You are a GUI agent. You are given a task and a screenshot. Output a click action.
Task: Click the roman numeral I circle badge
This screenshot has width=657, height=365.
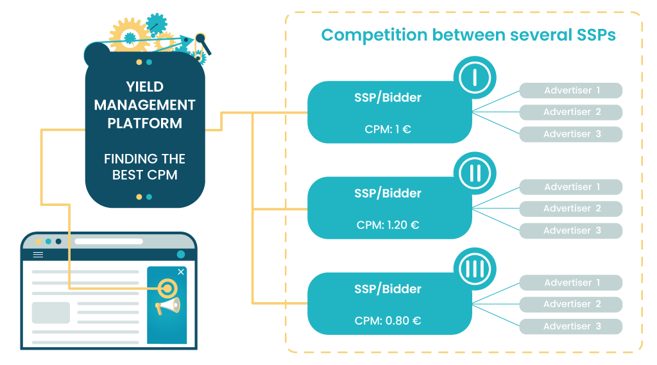click(x=475, y=78)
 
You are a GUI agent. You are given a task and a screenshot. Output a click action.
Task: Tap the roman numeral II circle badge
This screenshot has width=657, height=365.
click(x=475, y=173)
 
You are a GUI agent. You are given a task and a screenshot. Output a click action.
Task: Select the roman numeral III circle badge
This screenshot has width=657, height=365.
click(x=475, y=269)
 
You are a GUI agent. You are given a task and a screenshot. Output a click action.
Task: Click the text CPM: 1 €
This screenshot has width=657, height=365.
click(x=388, y=129)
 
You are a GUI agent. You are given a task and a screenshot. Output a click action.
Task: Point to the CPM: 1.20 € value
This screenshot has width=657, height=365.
click(x=388, y=225)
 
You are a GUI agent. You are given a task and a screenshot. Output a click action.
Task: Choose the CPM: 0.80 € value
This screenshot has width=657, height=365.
click(x=388, y=321)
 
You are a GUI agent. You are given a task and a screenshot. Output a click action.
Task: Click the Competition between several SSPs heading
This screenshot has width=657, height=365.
click(x=468, y=35)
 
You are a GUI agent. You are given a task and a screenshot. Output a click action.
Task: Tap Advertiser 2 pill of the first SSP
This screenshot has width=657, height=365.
click(x=571, y=112)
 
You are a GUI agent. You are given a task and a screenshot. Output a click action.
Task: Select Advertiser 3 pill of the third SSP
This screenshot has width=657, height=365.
click(x=571, y=327)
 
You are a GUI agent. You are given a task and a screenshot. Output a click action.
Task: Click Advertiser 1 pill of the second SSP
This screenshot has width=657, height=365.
click(x=571, y=187)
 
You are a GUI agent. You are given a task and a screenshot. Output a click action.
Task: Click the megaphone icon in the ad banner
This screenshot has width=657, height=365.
click(x=168, y=307)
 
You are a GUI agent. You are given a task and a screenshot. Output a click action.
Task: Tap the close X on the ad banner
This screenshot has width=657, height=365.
click(x=181, y=272)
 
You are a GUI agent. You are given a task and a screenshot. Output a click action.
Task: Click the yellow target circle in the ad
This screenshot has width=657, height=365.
click(x=166, y=288)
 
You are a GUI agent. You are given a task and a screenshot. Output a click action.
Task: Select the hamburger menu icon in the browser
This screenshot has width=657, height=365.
click(x=38, y=255)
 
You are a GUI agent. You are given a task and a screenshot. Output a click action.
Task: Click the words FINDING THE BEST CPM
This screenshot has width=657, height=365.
click(x=145, y=166)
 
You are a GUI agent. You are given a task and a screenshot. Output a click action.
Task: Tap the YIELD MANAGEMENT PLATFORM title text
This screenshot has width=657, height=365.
click(x=145, y=105)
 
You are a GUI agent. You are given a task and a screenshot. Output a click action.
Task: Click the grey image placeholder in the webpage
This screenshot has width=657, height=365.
click(x=51, y=312)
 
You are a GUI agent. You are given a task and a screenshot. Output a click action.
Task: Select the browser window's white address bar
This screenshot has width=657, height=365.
click(x=108, y=241)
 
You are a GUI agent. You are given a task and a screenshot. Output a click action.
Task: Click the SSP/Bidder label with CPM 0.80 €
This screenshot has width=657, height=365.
click(x=388, y=289)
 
